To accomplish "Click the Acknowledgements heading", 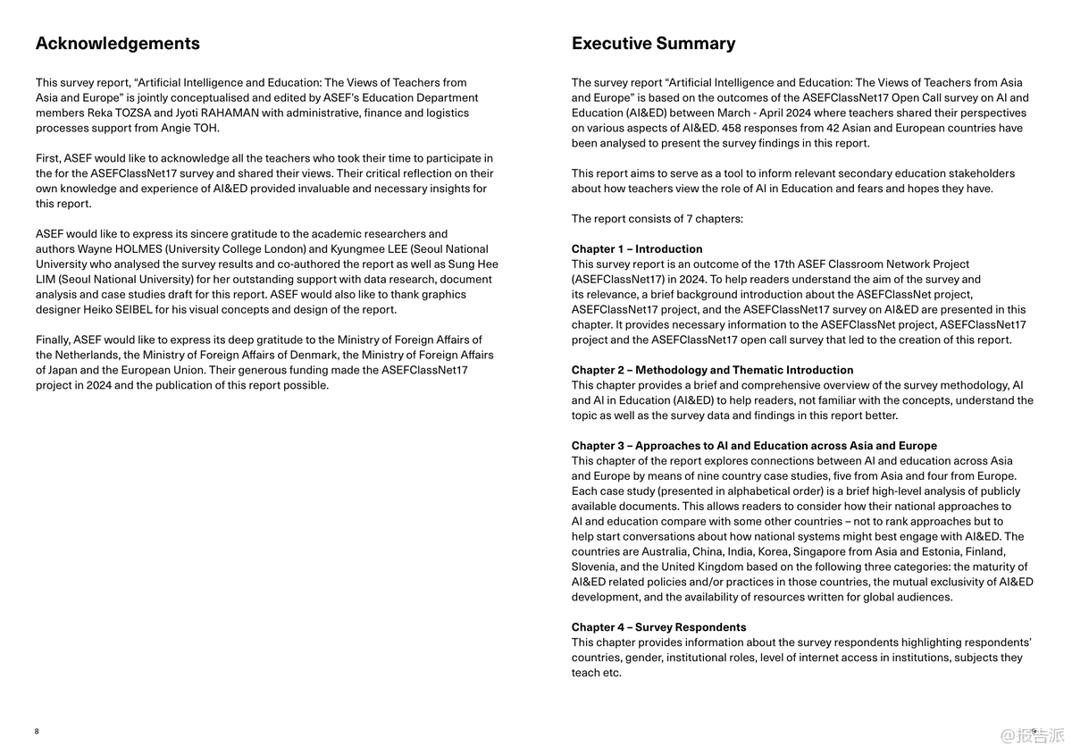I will [x=117, y=44].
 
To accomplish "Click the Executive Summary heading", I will [x=653, y=44].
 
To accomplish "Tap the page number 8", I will [x=37, y=731].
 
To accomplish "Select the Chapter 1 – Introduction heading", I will [x=637, y=249].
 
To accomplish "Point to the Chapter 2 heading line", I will [x=712, y=370].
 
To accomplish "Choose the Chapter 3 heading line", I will [x=754, y=446].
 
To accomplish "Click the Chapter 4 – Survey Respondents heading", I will [x=658, y=627].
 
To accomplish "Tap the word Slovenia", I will [x=593, y=567].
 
